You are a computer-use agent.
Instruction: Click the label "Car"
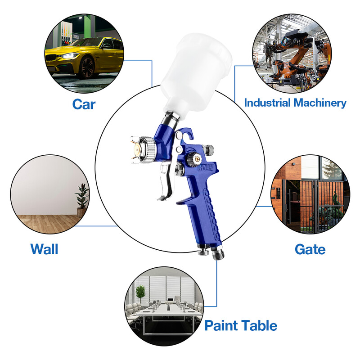point(84,104)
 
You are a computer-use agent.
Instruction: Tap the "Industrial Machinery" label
point(295,103)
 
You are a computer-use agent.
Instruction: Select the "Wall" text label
point(44,248)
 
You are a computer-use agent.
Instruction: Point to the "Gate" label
point(310,249)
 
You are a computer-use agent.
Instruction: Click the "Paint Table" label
point(241,325)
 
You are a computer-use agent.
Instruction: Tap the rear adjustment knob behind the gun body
point(209,150)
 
